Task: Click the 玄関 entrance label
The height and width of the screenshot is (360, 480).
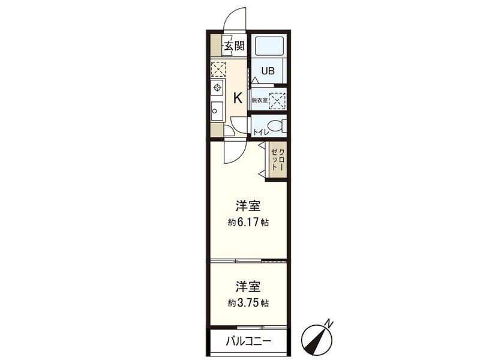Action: point(235,46)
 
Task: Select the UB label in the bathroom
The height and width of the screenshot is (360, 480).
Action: point(268,70)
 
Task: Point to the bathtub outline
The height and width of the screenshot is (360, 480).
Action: point(268,46)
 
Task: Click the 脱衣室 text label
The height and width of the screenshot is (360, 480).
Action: point(259,100)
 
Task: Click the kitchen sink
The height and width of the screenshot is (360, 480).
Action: point(217,110)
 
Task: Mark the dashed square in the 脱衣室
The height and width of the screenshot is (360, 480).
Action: point(277,100)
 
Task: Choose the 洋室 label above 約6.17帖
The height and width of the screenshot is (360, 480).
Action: point(247,206)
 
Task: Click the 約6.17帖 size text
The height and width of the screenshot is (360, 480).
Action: point(248,223)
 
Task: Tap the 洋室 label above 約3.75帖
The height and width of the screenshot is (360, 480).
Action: point(247,286)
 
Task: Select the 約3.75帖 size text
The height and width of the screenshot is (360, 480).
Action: point(248,302)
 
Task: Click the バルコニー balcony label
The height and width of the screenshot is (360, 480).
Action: point(248,341)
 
